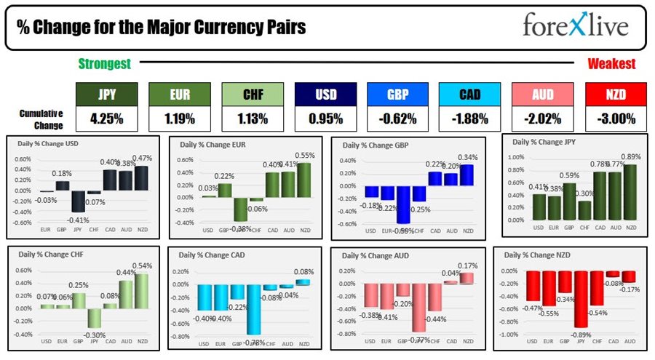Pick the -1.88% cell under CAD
click(470, 116)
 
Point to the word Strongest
click(104, 64)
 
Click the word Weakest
click(611, 64)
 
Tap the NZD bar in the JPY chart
click(631, 191)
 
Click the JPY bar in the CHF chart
click(93, 318)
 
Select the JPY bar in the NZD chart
click(580, 299)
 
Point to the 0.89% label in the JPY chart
click(632, 156)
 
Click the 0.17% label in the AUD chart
click(464, 266)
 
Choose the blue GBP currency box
click(397, 94)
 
